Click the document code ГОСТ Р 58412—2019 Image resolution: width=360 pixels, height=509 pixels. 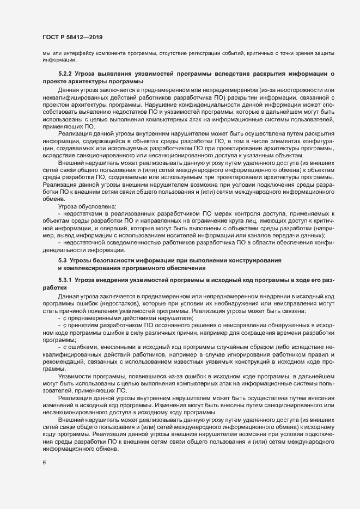(x=72, y=37)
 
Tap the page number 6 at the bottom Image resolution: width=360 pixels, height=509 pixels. (x=44, y=462)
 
